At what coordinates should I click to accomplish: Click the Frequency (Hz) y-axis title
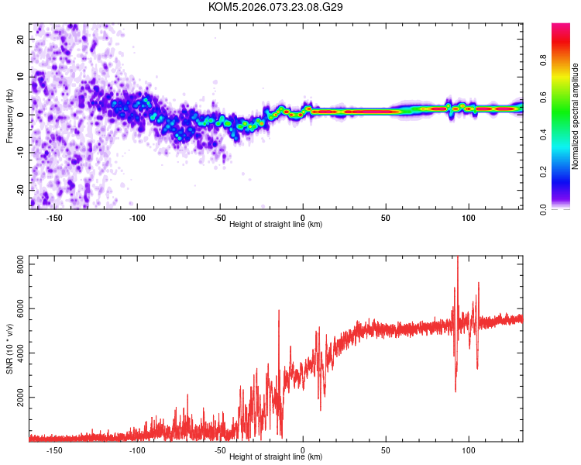coord(9,115)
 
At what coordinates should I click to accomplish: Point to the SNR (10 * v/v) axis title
coord(9,348)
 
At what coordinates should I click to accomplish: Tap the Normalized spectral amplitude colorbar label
coord(575,116)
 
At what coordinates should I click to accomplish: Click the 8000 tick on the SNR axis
coord(16,266)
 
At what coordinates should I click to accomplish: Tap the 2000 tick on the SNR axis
coord(16,398)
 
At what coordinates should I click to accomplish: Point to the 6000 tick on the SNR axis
coord(16,310)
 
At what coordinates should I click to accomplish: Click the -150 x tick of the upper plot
coord(54,217)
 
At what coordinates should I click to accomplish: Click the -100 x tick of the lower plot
coord(137,450)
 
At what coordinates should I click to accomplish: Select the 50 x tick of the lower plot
coord(386,450)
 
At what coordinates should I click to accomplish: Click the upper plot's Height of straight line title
coord(276,224)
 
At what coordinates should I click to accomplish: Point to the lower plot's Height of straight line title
coord(276,457)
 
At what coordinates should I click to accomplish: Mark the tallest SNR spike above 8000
coord(457,259)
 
